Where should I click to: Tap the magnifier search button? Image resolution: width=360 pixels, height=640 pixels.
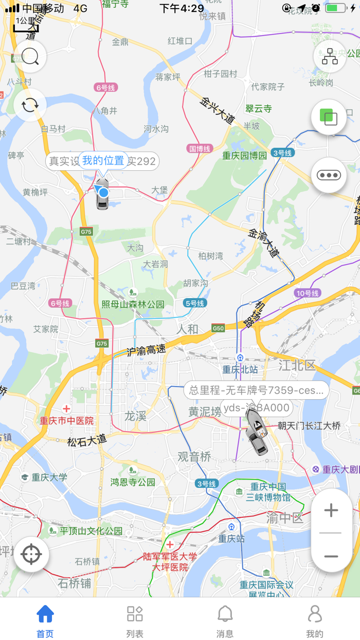(x=30, y=57)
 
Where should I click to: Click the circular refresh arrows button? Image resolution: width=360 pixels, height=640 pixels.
(x=30, y=105)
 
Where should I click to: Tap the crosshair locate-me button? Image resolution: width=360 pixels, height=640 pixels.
(x=31, y=554)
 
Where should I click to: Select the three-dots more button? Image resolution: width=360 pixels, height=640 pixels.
(x=329, y=175)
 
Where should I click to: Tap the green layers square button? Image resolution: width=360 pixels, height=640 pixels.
(x=329, y=117)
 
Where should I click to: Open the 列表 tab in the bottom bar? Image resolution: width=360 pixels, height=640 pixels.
(x=135, y=621)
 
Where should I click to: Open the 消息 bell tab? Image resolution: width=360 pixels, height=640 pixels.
(x=225, y=621)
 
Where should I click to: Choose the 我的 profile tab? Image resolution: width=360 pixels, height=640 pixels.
(x=315, y=621)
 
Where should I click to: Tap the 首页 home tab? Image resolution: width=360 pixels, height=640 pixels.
(x=45, y=621)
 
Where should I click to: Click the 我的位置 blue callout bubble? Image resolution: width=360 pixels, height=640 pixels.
(x=103, y=161)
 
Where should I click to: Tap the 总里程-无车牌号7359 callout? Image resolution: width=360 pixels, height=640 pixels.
(x=256, y=390)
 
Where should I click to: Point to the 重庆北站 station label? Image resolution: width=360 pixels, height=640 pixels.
(x=240, y=369)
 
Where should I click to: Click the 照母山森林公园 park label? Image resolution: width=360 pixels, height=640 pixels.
(x=133, y=304)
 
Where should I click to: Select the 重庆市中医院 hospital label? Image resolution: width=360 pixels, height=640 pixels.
(x=67, y=420)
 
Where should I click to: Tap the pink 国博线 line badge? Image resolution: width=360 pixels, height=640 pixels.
(x=200, y=149)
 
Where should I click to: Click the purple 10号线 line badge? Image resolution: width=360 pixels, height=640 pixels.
(x=308, y=293)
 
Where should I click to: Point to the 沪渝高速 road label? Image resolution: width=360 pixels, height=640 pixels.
(x=147, y=350)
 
